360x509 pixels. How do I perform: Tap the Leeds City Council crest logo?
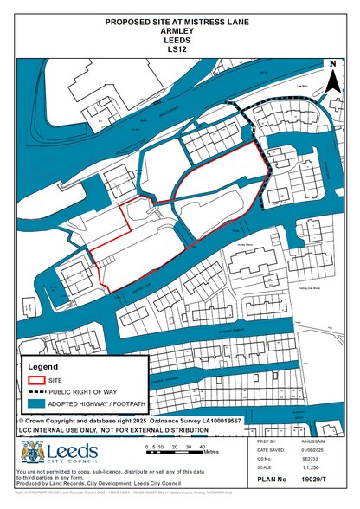(x=32, y=452)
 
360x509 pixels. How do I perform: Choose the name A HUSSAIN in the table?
(x=313, y=440)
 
